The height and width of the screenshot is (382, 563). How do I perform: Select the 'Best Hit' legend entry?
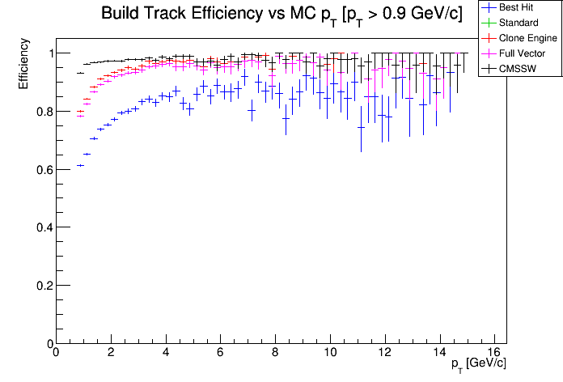click(x=517, y=7)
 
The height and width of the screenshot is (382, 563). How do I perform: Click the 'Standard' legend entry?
click(x=519, y=23)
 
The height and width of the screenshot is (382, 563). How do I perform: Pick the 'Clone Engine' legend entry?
click(x=527, y=38)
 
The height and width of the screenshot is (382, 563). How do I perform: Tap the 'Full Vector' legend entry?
click(x=523, y=53)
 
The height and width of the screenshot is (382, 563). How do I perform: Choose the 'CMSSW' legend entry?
click(x=518, y=69)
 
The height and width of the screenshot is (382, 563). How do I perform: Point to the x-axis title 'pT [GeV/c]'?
click(x=479, y=363)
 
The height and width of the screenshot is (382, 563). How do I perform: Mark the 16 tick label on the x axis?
click(x=495, y=352)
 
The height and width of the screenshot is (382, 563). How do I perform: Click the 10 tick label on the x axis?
click(x=330, y=352)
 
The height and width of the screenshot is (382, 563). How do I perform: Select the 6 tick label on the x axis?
click(x=220, y=352)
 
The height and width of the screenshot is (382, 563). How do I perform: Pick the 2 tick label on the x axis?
click(x=110, y=352)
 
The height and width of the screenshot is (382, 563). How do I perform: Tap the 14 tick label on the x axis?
click(x=440, y=352)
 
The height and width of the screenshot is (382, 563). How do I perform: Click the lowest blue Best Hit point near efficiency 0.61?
click(x=80, y=165)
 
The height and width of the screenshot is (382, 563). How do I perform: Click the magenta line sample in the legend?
click(x=489, y=53)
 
